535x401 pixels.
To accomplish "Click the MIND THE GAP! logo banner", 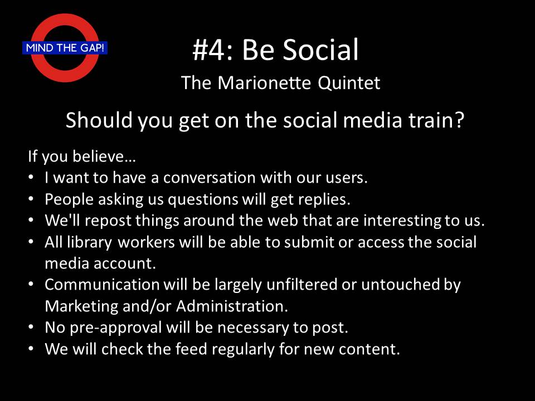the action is click(x=65, y=48).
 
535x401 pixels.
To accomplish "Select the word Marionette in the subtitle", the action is click(x=264, y=83).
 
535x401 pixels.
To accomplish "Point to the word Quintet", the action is click(x=349, y=83).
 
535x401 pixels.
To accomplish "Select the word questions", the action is click(x=203, y=200).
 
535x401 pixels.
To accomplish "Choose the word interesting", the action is click(x=402, y=221).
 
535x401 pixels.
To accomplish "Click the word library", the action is click(x=89, y=243).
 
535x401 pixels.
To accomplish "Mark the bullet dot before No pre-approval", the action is click(x=31, y=327).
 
